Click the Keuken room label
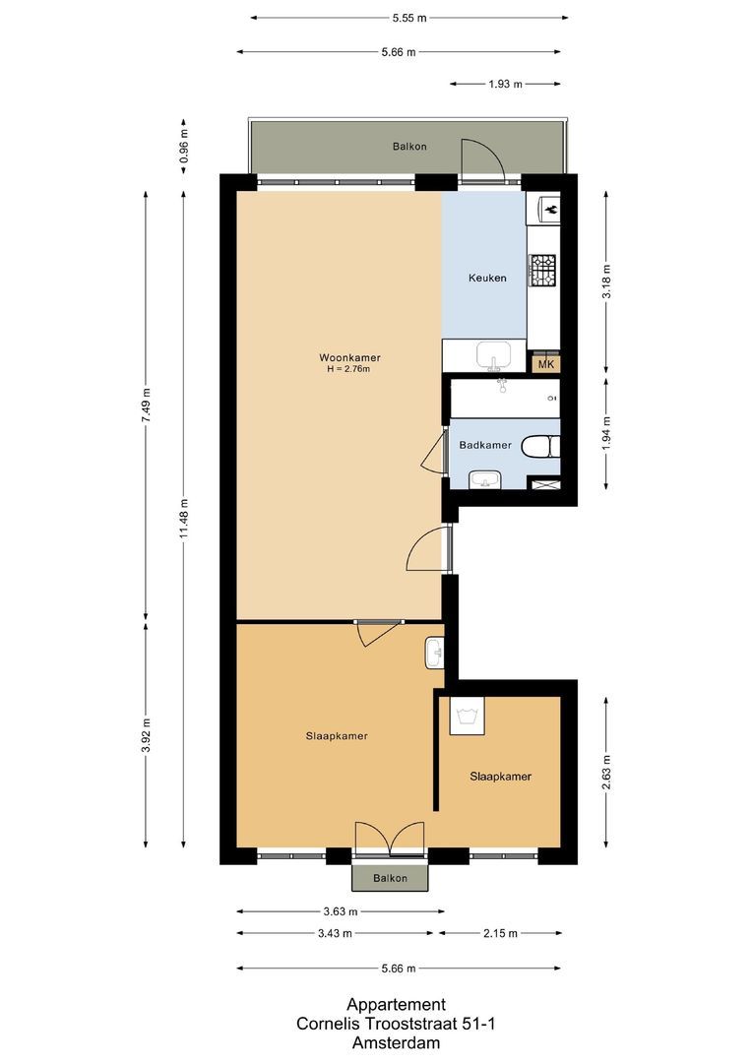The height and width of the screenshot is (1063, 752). (x=486, y=278)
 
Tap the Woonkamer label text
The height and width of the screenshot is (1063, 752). (x=349, y=357)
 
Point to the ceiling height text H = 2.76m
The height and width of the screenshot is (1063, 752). (x=349, y=369)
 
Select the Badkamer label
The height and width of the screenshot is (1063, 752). (x=485, y=445)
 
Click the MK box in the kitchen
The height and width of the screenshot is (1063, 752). (x=546, y=364)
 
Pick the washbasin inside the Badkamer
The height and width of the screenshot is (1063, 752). (x=484, y=479)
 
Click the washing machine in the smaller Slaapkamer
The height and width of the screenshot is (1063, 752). (x=467, y=716)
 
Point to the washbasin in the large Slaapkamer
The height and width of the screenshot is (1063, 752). (x=435, y=653)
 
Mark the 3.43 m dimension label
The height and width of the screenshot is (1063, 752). (x=334, y=933)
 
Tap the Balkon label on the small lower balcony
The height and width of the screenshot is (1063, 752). (x=391, y=878)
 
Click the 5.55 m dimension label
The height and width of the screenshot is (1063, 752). (x=408, y=18)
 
